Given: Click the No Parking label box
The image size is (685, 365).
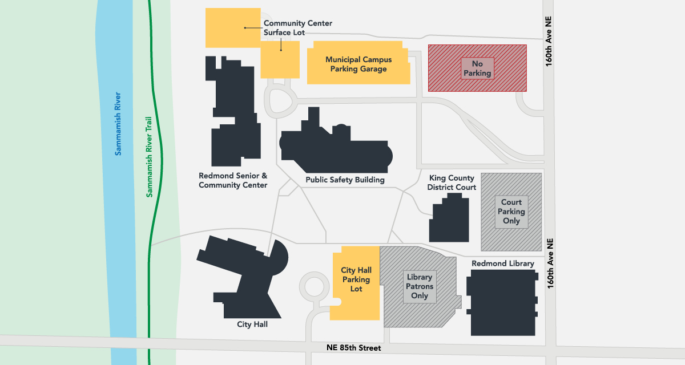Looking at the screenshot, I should [477, 68].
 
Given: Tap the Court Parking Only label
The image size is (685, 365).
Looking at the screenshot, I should [511, 212].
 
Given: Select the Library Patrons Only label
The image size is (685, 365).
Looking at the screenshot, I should [420, 286].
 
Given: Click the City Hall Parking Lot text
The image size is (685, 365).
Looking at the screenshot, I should [356, 279].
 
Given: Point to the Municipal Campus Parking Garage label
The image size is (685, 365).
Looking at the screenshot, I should [358, 64].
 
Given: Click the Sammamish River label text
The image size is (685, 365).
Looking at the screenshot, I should [118, 123].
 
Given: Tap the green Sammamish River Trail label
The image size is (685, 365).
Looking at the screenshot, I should [150, 157].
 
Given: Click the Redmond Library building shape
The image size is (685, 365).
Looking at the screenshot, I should [502, 302].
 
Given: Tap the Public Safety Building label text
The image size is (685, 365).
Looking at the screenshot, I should [345, 180].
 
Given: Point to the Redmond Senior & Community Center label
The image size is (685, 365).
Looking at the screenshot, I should [233, 181].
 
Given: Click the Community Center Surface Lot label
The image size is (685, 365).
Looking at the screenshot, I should [297, 28].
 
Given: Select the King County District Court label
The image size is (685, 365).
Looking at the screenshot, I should [452, 182].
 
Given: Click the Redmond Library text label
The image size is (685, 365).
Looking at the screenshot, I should [502, 263].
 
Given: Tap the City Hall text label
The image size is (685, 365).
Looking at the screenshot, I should [252, 325].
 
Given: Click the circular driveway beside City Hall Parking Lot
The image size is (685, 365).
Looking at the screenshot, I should [313, 285].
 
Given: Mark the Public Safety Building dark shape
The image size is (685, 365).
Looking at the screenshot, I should [337, 151].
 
